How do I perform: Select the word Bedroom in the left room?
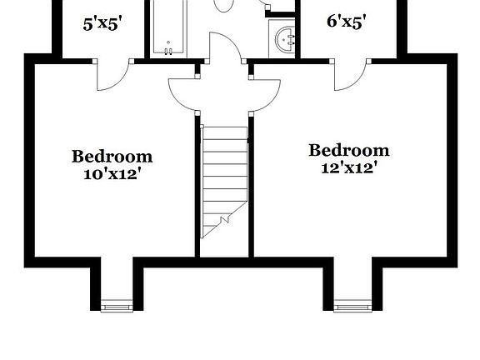point(112,156)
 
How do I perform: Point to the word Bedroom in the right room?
point(349,150)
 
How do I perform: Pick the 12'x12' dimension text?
point(349,167)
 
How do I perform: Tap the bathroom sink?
point(285,38)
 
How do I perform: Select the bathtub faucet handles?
point(169,51)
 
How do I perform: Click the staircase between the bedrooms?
point(224,175)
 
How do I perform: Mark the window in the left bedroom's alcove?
point(112,304)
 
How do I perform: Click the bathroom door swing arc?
point(223,48)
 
